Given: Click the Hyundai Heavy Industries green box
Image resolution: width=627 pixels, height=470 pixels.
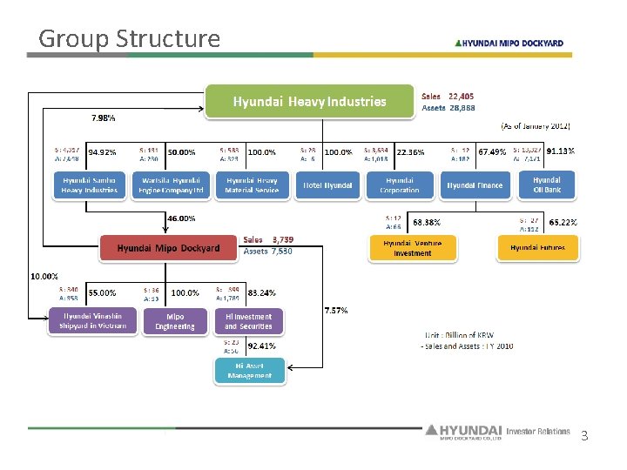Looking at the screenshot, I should point(309,101).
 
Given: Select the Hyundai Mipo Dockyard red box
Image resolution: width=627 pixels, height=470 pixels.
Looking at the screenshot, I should point(169,248).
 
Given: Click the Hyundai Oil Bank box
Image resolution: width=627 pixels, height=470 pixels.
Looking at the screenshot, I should point(547,185).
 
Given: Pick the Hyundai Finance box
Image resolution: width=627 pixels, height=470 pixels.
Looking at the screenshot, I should point(475,185).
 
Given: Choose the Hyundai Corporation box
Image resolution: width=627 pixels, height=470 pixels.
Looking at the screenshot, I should point(400,185).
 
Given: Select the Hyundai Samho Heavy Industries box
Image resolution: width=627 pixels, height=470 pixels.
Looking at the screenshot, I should point(90,185).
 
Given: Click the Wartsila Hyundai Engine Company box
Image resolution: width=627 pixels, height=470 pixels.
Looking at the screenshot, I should point(172,185).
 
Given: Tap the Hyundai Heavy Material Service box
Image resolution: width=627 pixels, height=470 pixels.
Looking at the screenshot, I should point(251,185).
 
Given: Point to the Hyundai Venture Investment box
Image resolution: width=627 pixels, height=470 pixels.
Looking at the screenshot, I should point(412,248).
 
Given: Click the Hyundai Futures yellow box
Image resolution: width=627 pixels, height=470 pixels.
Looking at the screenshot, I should point(537,248).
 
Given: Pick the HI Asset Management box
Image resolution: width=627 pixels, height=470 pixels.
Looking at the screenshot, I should point(249,371).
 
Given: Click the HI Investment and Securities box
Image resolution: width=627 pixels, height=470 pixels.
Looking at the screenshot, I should point(248,322).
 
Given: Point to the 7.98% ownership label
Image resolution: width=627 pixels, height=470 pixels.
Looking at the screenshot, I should point(104,117).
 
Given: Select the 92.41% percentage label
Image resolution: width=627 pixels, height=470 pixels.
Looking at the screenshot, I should point(262,346).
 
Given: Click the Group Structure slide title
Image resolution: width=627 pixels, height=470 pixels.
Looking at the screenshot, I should point(130,38).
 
